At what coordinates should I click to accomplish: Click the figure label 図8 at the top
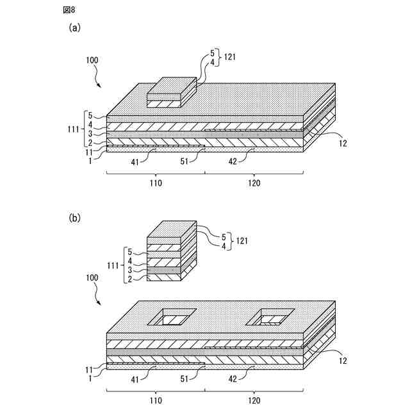[69, 10]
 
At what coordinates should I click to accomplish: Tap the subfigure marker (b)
[75, 218]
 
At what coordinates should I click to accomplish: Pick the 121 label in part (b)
[240, 241]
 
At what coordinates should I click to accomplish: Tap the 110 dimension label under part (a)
[154, 183]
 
